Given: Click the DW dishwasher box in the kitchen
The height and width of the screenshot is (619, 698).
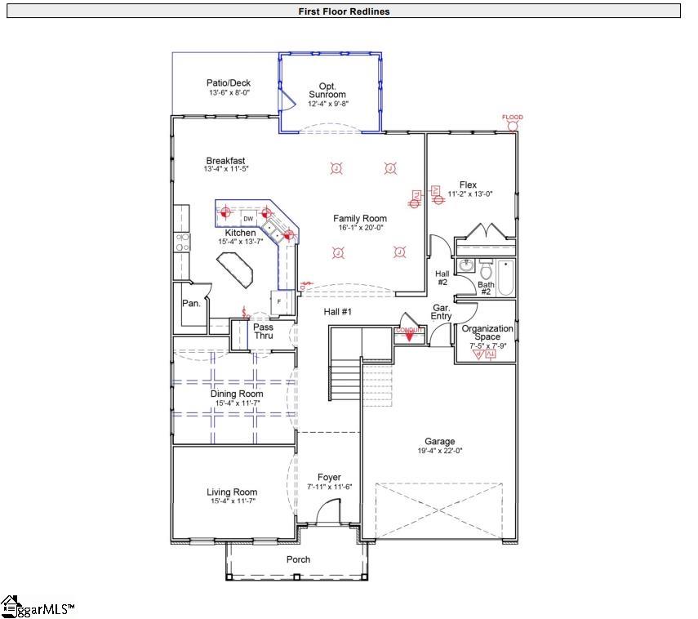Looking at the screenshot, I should pos(249,219).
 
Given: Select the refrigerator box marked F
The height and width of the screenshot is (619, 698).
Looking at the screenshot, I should pos(279,301).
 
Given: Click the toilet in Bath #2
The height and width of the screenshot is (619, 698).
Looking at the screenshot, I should pos(486,269).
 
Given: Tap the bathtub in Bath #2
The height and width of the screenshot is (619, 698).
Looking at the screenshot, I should pos(506,278).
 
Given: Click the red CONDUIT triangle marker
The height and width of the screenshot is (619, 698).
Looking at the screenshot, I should pos(409,335).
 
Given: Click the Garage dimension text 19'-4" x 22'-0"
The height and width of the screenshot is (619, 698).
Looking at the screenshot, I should pos(439,451).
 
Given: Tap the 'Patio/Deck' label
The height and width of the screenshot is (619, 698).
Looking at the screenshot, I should pos(229,82).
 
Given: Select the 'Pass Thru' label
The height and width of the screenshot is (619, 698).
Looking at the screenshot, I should pos(263,332).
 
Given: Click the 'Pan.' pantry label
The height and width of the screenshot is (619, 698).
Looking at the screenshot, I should pos(191,303).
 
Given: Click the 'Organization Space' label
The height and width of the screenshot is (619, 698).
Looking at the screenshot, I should pos(487,333).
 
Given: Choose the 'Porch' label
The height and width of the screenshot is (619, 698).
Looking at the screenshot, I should pos(298,559).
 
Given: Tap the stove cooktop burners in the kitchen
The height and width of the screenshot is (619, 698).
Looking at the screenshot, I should pos(184,241).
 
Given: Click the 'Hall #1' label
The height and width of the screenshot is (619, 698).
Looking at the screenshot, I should pos(337,312).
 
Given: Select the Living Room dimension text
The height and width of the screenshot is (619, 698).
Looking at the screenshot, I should pos(232,501).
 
